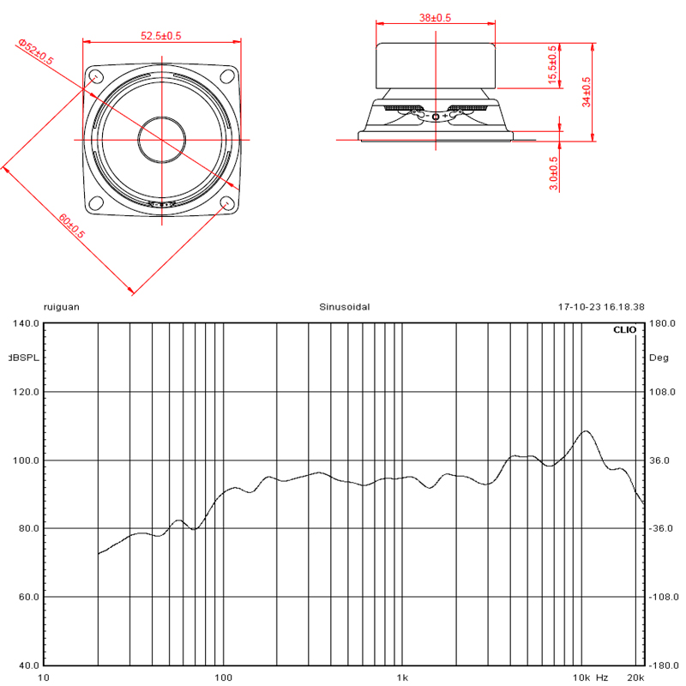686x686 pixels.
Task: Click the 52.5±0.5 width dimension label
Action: [161, 36]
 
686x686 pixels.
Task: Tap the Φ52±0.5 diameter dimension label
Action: [36, 51]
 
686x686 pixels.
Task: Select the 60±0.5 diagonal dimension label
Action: [71, 226]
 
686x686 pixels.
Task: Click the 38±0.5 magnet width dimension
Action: [435, 18]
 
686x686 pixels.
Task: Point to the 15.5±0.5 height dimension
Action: [552, 65]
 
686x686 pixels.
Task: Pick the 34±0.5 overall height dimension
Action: [587, 92]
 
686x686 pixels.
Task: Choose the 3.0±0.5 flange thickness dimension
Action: [553, 173]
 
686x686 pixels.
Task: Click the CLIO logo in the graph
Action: [625, 330]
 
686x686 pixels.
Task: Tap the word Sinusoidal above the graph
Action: [345, 307]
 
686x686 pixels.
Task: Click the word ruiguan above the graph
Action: [62, 307]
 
